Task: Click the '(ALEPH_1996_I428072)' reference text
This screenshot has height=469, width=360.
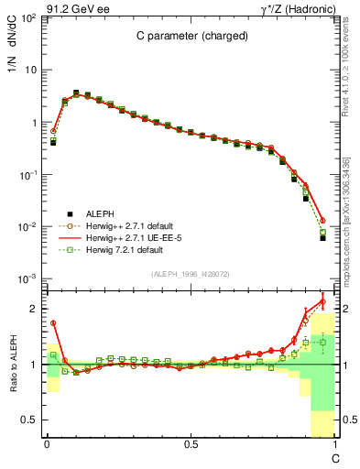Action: pos(190,274)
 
